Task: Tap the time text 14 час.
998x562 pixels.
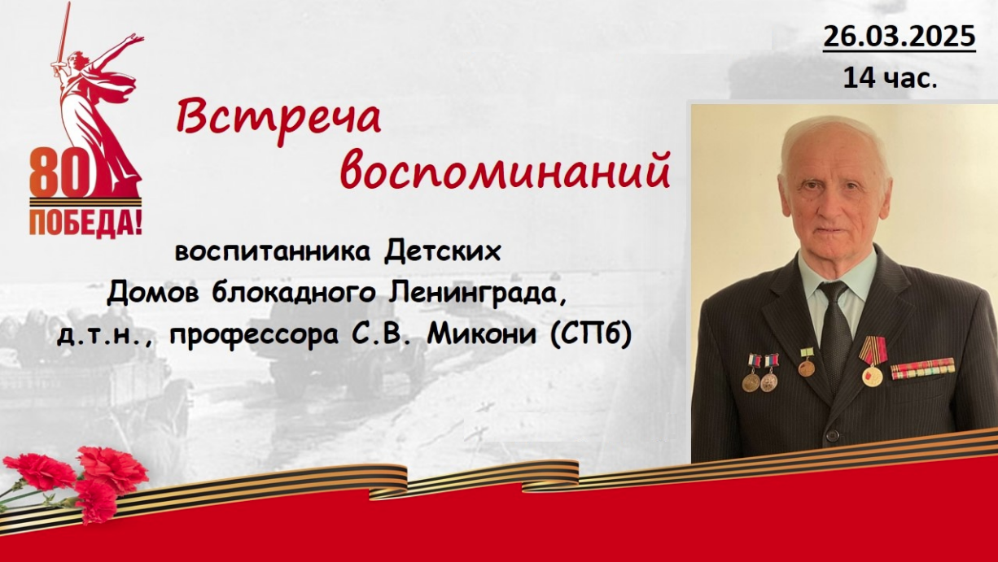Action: [x=891, y=78]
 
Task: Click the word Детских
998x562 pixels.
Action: [x=443, y=252]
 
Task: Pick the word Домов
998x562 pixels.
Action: [x=153, y=294]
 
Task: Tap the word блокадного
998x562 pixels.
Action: [x=293, y=294]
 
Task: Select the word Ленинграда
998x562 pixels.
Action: [x=478, y=294]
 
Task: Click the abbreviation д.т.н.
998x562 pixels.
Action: [x=107, y=337]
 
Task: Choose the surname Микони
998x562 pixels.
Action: [x=482, y=334]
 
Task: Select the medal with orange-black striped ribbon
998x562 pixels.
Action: [x=873, y=361]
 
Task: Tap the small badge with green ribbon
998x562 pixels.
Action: [x=806, y=362]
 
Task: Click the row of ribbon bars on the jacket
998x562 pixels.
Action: [x=923, y=368]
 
